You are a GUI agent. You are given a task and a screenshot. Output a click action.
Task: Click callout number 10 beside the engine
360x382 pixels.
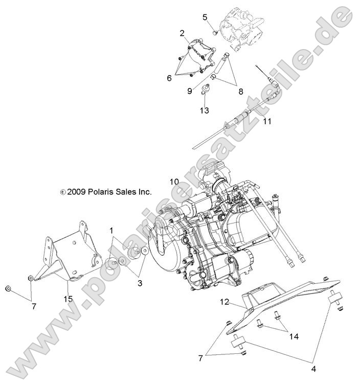(174, 182)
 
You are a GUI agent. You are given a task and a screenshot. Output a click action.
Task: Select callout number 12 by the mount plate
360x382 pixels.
(224, 302)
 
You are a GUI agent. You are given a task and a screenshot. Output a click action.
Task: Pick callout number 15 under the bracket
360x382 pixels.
(67, 298)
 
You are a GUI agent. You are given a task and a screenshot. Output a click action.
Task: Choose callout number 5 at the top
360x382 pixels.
(205, 17)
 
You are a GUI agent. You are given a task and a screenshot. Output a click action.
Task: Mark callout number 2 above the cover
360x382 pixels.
(182, 33)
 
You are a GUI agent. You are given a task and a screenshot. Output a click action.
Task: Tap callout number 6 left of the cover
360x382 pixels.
(169, 78)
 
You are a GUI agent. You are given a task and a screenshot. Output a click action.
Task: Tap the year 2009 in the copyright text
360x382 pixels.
(75, 192)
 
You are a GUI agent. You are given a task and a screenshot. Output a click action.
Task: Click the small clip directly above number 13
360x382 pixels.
(206, 89)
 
